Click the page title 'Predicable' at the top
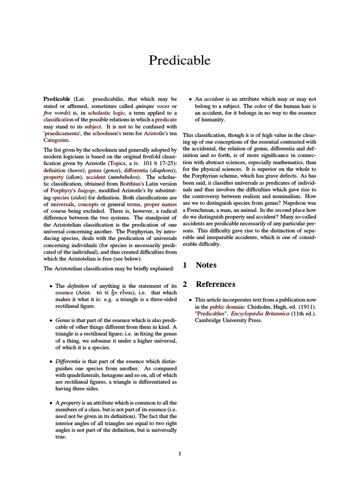pos(180,60)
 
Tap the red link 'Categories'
pos(56,140)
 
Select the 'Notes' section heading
pos(206,265)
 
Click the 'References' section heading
pos(215,284)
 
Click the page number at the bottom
pos(180,453)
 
